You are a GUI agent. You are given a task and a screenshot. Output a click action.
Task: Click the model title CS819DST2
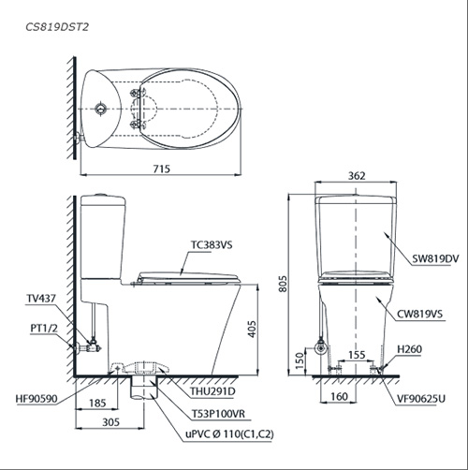57,27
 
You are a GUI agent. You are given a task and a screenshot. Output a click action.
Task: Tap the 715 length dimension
162,169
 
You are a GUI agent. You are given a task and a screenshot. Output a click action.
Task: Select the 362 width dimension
357,176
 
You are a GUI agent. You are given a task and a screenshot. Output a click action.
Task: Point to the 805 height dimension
283,284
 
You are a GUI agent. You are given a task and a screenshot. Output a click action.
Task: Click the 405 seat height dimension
252,329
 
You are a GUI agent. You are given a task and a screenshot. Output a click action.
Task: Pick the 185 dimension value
97,404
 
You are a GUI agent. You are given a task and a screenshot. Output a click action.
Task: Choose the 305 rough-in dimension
110,422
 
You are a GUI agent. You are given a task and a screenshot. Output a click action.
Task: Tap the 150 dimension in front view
300,360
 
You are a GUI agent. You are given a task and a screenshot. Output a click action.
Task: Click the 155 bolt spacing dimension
357,355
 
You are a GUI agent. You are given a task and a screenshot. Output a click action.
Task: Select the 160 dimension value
339,396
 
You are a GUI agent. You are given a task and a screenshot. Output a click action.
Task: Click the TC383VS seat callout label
212,245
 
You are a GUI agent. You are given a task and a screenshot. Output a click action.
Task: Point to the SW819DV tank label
435,258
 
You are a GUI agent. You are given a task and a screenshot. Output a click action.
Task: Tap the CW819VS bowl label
419,314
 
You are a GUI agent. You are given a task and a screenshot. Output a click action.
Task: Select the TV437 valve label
41,299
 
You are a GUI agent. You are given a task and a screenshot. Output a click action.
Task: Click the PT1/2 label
44,329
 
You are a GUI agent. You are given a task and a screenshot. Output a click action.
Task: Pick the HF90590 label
37,399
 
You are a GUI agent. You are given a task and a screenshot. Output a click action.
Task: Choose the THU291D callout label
212,391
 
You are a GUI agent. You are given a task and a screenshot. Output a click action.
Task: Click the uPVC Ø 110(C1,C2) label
229,434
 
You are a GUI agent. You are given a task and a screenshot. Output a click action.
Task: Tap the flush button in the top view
101,109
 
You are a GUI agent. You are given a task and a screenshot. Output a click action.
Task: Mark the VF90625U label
421,399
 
